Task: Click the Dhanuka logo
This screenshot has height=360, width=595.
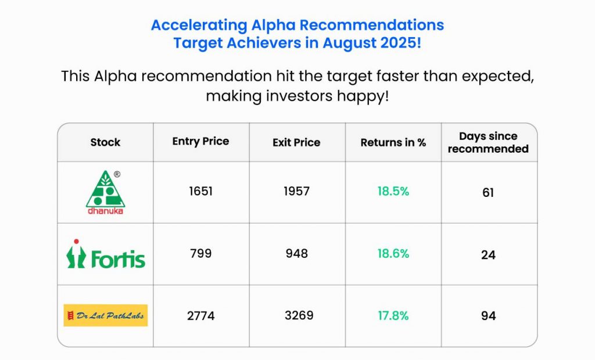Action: point(106,192)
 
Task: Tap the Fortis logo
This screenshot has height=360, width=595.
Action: point(106,254)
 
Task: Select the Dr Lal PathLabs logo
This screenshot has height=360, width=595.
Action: point(106,315)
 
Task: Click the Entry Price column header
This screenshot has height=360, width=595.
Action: point(200,142)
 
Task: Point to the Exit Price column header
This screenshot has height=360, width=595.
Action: point(296,142)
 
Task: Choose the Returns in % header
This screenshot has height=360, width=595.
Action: point(393,142)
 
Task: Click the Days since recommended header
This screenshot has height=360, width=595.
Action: point(488,142)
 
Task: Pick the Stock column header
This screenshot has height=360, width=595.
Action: point(105,142)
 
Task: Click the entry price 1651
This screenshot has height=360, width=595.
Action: point(200,191)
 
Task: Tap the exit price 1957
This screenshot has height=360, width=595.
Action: point(297,191)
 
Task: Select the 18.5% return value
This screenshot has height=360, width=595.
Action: point(393,191)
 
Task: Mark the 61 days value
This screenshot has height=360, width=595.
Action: point(488,193)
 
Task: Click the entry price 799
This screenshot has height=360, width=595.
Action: point(200,253)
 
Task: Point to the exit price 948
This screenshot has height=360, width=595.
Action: point(297,253)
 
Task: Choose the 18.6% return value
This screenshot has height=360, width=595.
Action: point(393,253)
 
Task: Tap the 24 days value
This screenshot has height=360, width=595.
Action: point(488,255)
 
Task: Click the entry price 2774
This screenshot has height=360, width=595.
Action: point(200,316)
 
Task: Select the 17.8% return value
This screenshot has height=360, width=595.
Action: point(393,316)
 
